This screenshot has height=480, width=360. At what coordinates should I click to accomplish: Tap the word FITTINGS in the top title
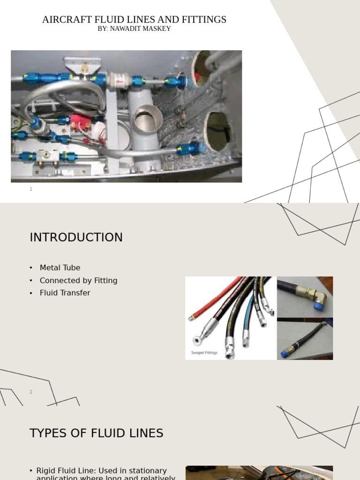coord(204,20)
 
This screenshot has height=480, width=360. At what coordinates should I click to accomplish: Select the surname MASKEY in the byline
coord(158,29)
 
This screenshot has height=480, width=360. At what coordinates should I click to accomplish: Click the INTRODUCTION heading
coord(76,237)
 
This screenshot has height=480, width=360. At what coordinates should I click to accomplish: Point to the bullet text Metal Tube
coord(60,268)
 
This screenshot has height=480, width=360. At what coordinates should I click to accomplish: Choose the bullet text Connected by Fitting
coord(78,280)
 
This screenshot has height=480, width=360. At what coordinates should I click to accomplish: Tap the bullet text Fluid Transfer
coord(65,293)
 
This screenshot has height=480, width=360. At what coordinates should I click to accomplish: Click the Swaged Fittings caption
coord(204,352)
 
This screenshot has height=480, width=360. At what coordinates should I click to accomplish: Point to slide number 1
coord(31,189)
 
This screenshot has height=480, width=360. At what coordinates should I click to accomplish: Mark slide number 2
coord(31,392)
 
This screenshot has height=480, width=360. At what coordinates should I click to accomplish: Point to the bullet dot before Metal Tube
coord(31,268)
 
